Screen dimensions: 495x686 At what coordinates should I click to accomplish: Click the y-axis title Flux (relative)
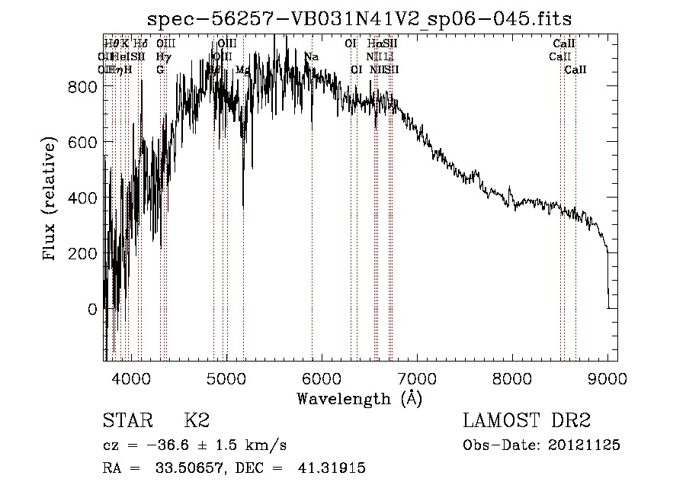point(51,201)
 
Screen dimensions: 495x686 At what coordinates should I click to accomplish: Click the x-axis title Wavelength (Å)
point(359,398)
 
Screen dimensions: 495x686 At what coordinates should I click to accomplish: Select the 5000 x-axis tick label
point(226,378)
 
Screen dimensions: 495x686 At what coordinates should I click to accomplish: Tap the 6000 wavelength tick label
point(322,378)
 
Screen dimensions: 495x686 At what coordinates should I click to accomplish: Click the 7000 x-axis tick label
point(417,378)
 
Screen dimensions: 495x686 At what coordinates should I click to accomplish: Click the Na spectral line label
point(311,57)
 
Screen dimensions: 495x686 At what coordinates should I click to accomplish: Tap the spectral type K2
point(197,422)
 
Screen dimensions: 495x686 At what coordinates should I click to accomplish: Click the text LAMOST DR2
point(527,422)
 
